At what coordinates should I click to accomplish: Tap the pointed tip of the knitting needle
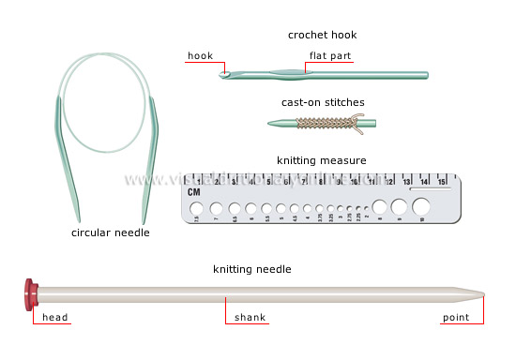click(x=481, y=296)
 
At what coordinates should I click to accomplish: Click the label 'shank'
click(x=250, y=319)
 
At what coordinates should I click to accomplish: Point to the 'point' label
click(x=459, y=319)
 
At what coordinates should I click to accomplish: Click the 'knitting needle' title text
click(x=251, y=270)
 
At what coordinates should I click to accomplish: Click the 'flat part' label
click(x=331, y=55)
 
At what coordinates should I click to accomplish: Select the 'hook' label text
click(x=200, y=55)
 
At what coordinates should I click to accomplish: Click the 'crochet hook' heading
click(x=322, y=36)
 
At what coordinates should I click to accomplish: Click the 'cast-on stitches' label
click(x=323, y=102)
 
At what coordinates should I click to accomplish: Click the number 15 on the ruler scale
click(x=441, y=182)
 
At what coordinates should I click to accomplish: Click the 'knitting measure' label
click(x=322, y=160)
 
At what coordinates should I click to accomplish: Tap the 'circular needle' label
click(x=111, y=232)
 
